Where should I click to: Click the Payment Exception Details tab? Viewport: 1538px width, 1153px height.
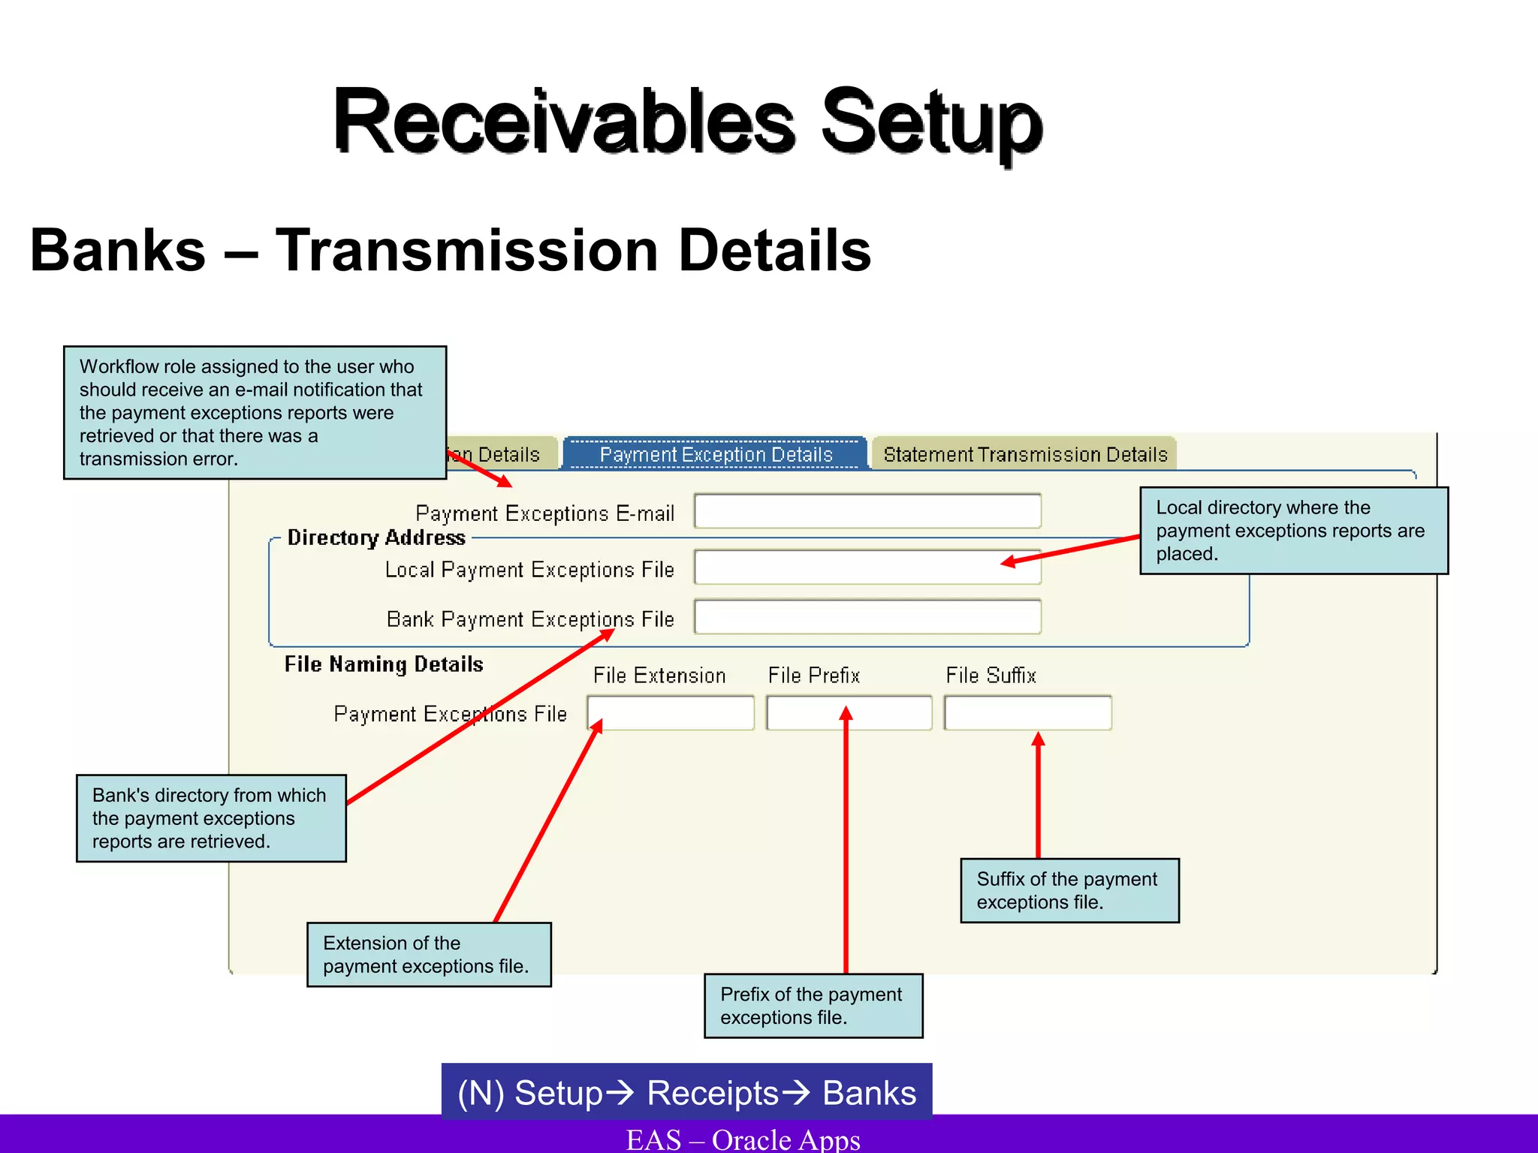[x=716, y=454]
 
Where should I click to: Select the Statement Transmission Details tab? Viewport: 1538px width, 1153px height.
[x=1024, y=454]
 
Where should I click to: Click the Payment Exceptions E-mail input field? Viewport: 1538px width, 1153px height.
[x=867, y=511]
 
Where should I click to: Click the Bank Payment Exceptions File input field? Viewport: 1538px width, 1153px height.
[x=867, y=617]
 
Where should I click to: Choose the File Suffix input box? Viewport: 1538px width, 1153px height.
[x=1027, y=713]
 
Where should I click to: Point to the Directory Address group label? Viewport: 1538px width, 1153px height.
[x=376, y=537]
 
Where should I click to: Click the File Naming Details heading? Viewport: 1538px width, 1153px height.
[x=384, y=664]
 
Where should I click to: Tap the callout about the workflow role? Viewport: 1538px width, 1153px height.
[x=255, y=412]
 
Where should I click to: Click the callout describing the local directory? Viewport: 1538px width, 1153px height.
[x=1293, y=530]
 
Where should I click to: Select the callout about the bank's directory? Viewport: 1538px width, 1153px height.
[x=210, y=818]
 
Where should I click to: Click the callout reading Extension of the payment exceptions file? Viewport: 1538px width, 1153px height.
[x=428, y=954]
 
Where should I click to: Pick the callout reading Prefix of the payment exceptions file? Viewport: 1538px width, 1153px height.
[x=813, y=1006]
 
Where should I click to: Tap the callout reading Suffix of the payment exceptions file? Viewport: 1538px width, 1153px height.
[x=1069, y=890]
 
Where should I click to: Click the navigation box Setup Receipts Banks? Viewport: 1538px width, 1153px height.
[x=686, y=1092]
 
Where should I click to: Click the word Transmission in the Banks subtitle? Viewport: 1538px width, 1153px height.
[x=467, y=251]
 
